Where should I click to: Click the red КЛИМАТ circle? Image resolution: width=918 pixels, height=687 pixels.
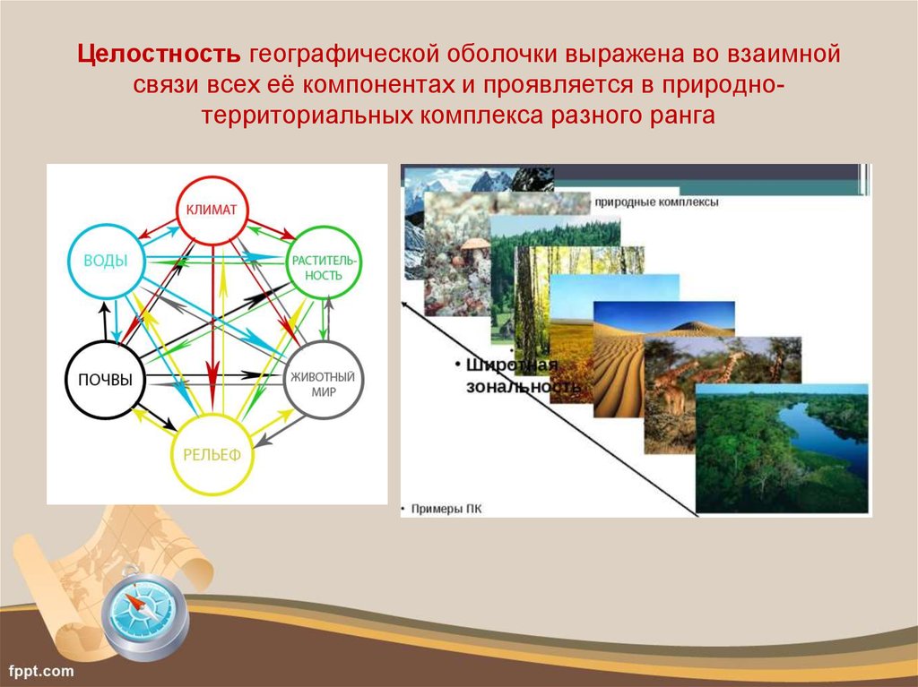pos(212,177)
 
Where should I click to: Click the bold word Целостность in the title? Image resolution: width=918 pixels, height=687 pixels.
pos(159,54)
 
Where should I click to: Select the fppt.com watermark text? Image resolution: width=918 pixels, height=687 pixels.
pos(41,671)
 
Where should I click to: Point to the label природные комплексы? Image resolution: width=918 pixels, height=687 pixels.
pos(656,202)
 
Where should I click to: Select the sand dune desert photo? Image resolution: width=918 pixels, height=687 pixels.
pos(663,358)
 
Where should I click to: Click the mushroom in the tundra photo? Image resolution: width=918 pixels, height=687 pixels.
pos(475,245)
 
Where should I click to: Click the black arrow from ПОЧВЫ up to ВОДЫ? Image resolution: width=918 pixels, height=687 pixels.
pos(105,322)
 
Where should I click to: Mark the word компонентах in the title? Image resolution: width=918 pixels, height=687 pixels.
pos(378,85)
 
